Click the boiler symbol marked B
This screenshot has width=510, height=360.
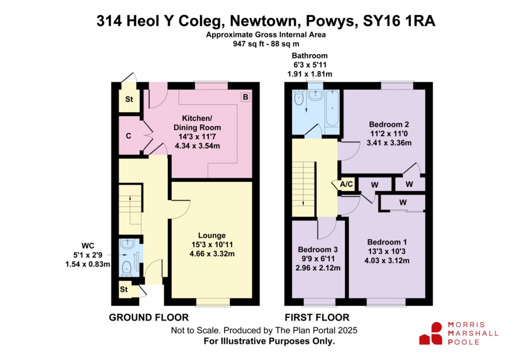coord(245,97)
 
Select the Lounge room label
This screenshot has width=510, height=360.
coord(211,235)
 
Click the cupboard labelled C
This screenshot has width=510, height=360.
coord(128,136)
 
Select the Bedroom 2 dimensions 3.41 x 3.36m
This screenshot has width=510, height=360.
coord(390,142)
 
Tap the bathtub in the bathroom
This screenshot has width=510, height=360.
coord(332,108)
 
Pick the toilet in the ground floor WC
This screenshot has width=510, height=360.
coord(127,266)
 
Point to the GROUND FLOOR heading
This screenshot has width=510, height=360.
coord(148,317)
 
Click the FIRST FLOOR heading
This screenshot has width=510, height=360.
coord(316,317)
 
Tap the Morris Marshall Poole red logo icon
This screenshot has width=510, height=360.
coord(431,333)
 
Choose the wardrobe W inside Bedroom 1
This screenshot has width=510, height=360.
coord(403,203)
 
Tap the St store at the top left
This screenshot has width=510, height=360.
coord(128,99)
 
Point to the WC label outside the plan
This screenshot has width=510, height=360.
coord(88,245)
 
